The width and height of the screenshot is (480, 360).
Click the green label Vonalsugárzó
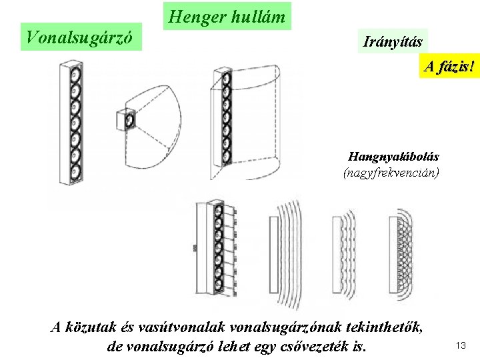click(x=82, y=37)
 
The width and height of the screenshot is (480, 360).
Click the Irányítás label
click(x=393, y=42)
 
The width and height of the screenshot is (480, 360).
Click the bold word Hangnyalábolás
click(x=393, y=157)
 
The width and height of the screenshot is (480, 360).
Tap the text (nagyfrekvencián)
click(x=391, y=173)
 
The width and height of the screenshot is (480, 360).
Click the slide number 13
click(x=460, y=345)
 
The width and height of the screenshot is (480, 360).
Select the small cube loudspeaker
click(x=125, y=119)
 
